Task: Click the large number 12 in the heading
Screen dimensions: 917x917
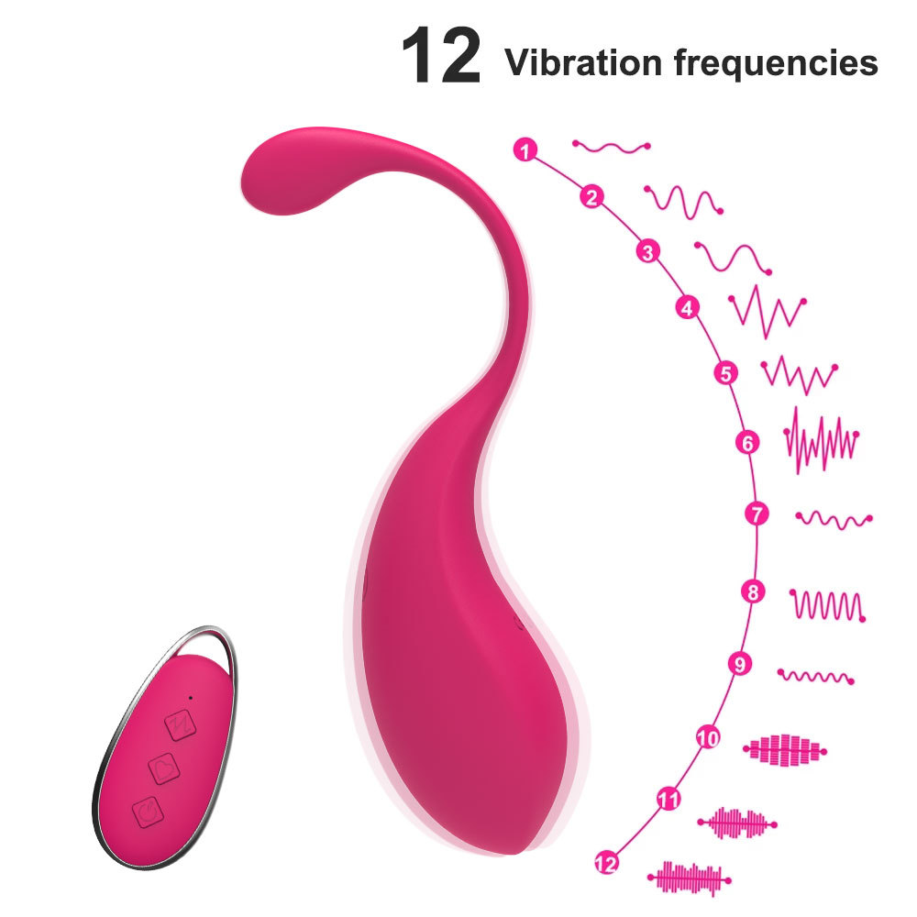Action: pyautogui.click(x=441, y=58)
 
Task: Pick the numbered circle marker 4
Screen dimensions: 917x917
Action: pyautogui.click(x=687, y=307)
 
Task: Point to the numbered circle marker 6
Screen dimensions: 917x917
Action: pyautogui.click(x=748, y=443)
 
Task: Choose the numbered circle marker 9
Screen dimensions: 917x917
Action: pyautogui.click(x=739, y=664)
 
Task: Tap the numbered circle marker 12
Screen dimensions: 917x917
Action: pyautogui.click(x=605, y=862)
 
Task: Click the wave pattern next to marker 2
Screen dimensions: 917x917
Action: pyautogui.click(x=683, y=199)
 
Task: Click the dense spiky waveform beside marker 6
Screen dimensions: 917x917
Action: pyautogui.click(x=822, y=441)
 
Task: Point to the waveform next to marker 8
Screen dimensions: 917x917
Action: pyautogui.click(x=827, y=604)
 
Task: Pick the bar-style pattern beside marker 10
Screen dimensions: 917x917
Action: pyautogui.click(x=785, y=749)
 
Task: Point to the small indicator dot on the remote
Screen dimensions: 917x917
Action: pyautogui.click(x=191, y=697)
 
